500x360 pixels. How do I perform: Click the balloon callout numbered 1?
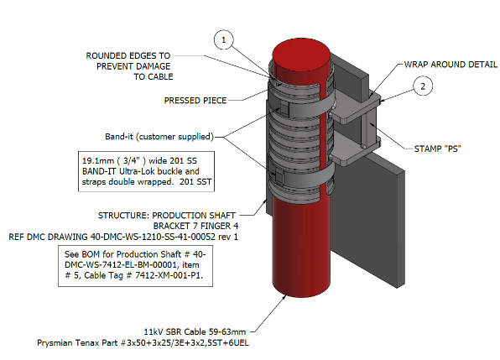pyautogui.click(x=223, y=39)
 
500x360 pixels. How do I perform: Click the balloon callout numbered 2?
pyautogui.click(x=423, y=86)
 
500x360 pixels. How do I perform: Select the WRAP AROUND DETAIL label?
pyautogui.click(x=451, y=65)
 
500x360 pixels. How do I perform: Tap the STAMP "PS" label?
pyautogui.click(x=438, y=149)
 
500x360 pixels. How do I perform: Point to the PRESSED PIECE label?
pyautogui.click(x=195, y=101)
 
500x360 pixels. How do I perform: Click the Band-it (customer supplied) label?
pyautogui.click(x=159, y=137)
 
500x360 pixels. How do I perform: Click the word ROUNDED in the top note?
pyautogui.click(x=107, y=55)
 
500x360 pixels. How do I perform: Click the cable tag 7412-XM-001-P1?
pyautogui.click(x=169, y=275)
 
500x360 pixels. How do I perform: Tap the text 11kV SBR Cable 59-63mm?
pyautogui.click(x=195, y=332)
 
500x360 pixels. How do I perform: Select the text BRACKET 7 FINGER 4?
pyautogui.click(x=195, y=226)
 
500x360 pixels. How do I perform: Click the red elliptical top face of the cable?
pyautogui.click(x=302, y=59)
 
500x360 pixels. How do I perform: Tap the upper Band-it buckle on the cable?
pyautogui.click(x=283, y=107)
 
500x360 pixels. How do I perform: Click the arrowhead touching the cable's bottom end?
pyautogui.click(x=284, y=298)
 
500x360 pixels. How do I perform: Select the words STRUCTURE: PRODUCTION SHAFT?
pyautogui.click(x=167, y=216)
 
